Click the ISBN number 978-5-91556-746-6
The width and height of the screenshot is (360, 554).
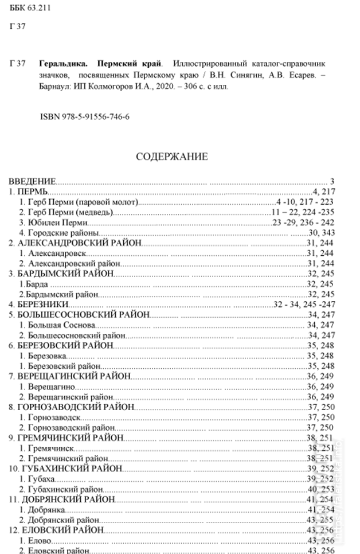[x=85, y=116]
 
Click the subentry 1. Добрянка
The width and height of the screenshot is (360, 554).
[x=45, y=508]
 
